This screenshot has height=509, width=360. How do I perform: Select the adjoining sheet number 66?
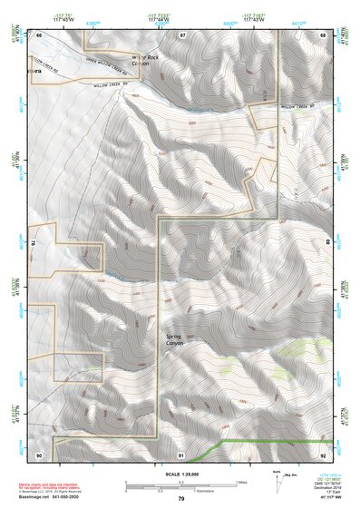39,34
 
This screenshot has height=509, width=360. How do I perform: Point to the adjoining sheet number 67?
182,34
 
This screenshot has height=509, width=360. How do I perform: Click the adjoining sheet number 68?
323,34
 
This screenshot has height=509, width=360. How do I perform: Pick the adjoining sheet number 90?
39,454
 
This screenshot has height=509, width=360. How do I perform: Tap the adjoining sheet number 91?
181,454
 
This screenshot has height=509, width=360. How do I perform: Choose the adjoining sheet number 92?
323,454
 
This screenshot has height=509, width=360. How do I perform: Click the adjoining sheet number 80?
328,243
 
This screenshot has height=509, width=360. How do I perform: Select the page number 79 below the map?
181,498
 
